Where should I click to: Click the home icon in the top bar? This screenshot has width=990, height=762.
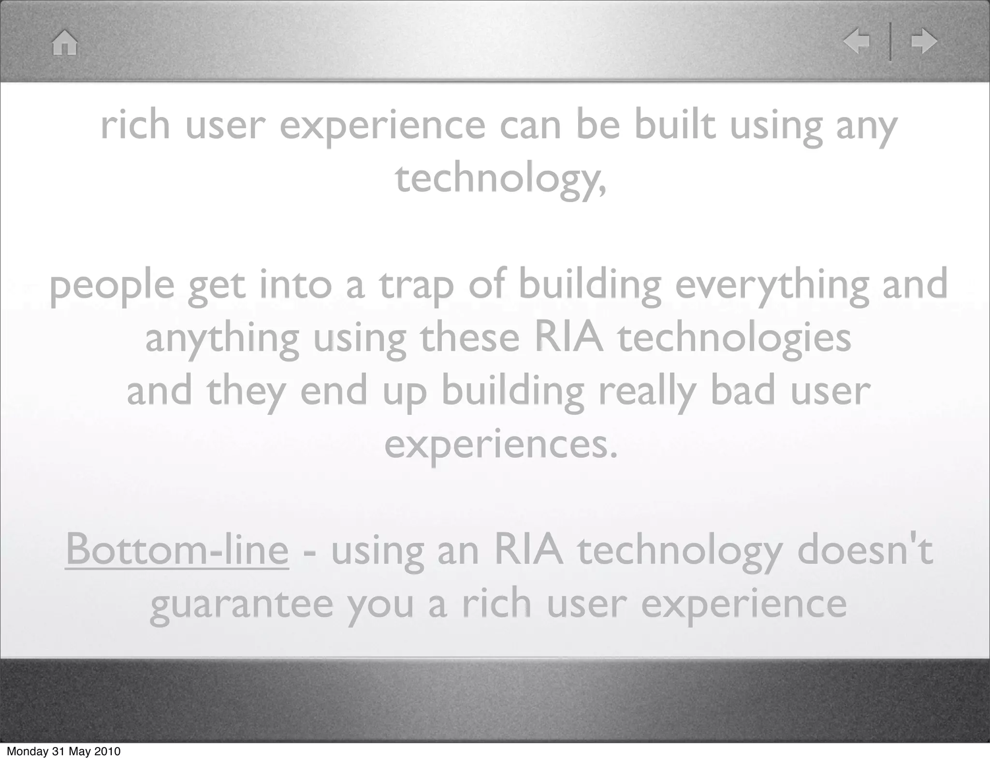click(x=65, y=43)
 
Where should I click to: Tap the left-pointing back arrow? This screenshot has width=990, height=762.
click(x=857, y=42)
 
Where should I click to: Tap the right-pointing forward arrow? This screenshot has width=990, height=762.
click(x=924, y=42)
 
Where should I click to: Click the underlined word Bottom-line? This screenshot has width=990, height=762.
click(x=177, y=550)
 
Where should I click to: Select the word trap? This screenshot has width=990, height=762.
click(x=416, y=285)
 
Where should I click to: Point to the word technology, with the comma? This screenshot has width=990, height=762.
click(x=500, y=178)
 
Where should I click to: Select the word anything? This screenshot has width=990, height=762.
click(x=222, y=338)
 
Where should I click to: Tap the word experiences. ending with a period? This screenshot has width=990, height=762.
click(x=501, y=445)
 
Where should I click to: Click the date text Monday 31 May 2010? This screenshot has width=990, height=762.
click(x=63, y=751)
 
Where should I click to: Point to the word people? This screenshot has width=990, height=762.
click(x=112, y=286)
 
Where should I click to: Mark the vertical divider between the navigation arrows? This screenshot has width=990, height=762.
click(x=890, y=42)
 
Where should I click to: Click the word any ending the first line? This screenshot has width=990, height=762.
click(x=866, y=127)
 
